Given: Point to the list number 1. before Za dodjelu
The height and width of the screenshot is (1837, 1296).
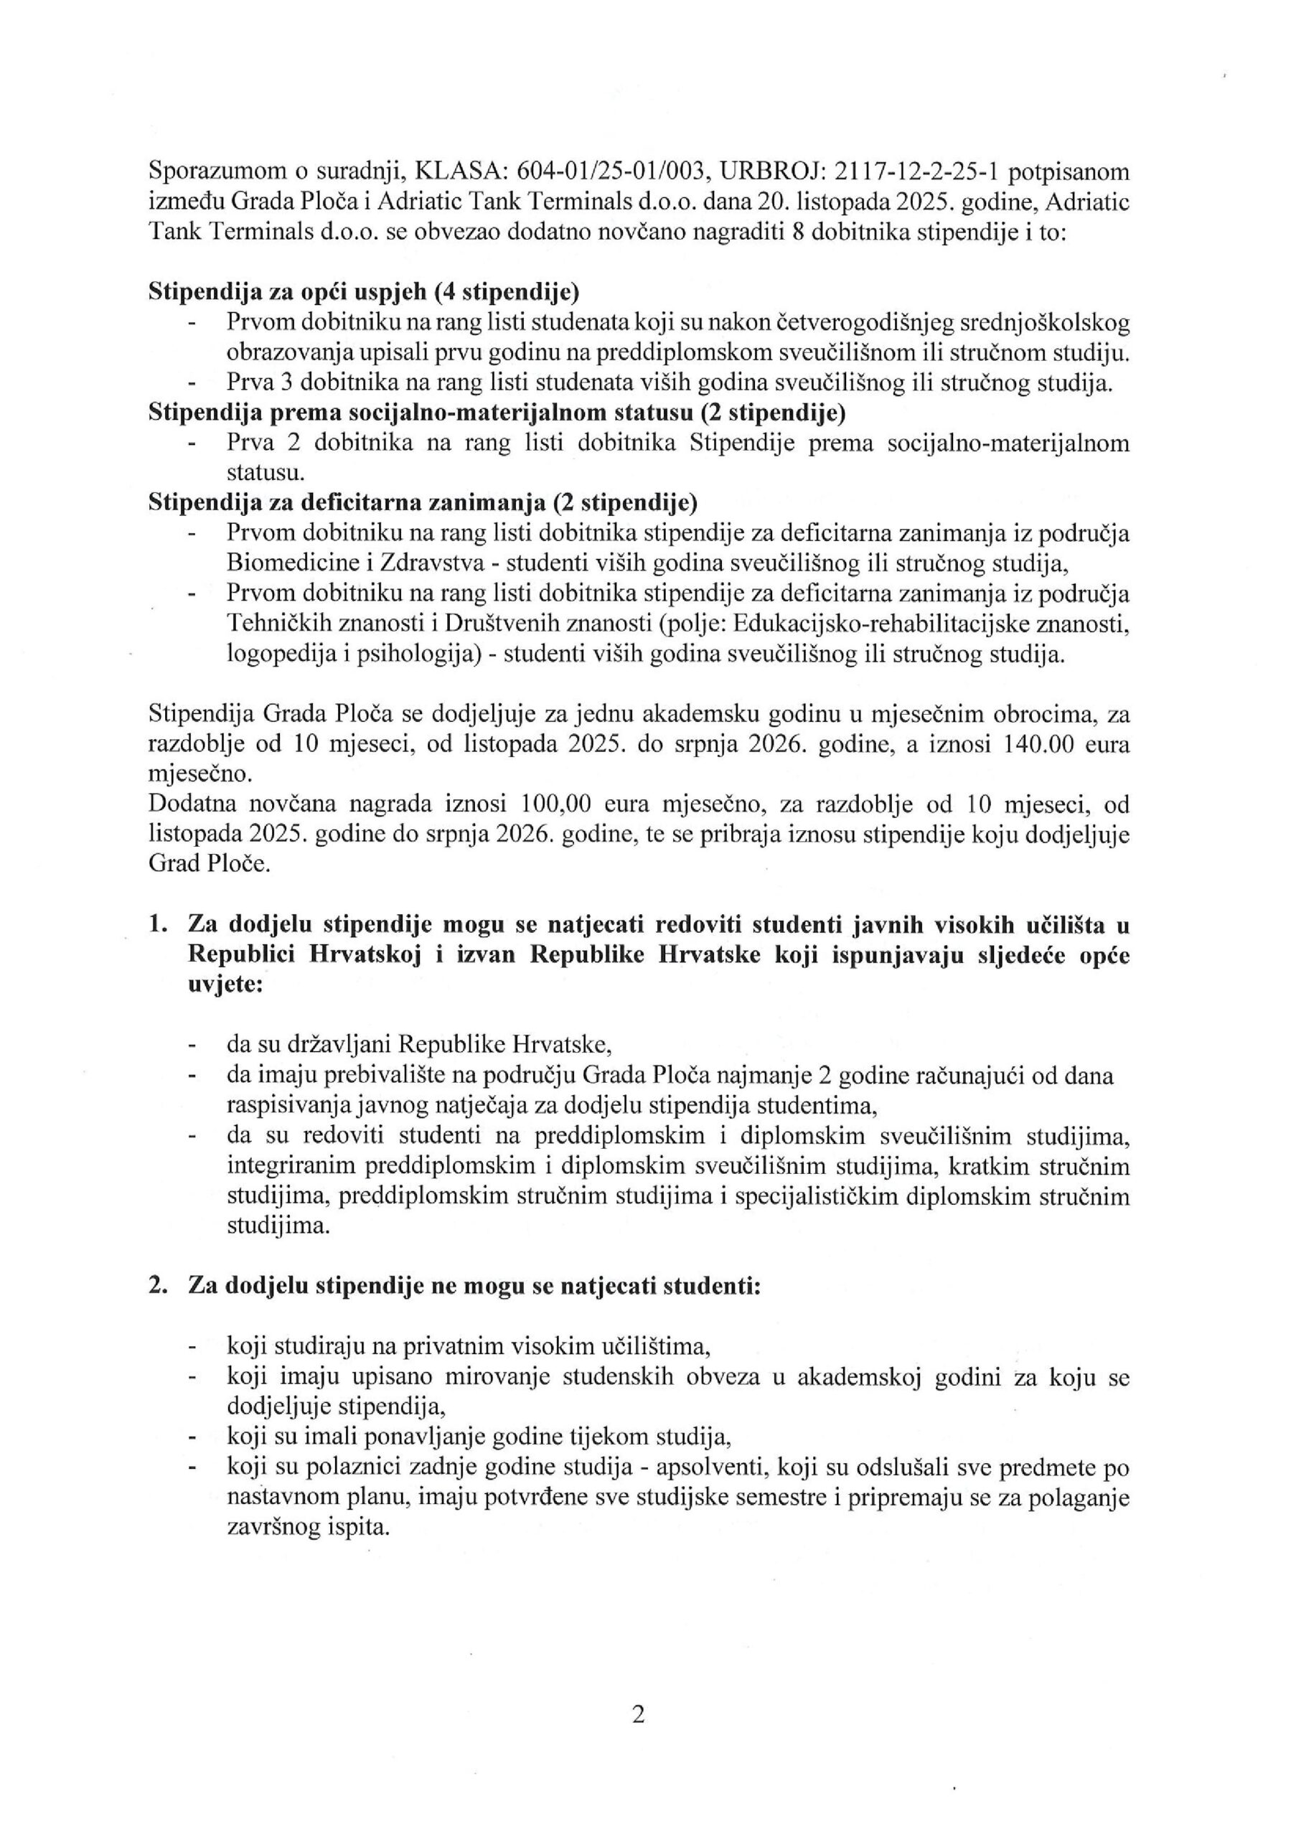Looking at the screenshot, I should pyautogui.click(x=158, y=926).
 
